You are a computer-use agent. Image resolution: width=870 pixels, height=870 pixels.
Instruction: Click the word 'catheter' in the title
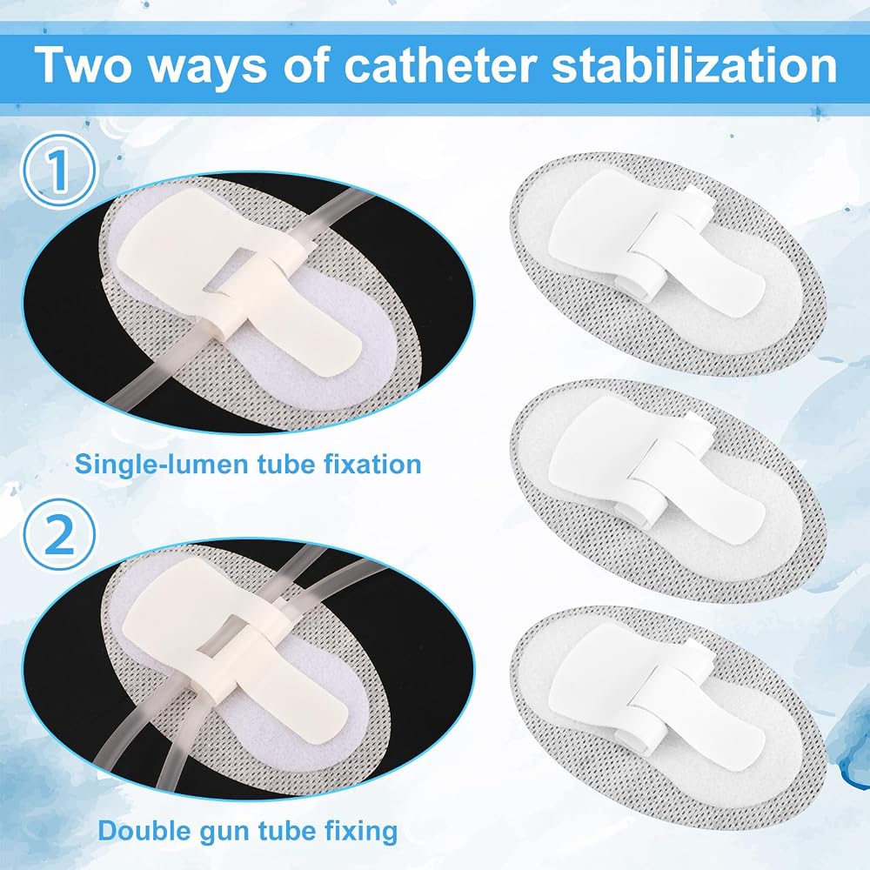point(439,65)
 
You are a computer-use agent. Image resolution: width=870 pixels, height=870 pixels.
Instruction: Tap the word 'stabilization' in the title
point(694,65)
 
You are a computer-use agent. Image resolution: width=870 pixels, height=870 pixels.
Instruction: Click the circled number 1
point(59,171)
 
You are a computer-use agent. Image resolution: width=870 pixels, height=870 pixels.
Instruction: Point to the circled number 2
point(59,535)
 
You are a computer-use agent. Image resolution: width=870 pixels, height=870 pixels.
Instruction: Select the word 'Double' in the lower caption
point(141,831)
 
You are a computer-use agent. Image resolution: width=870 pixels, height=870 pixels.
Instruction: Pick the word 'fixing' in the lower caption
point(361,831)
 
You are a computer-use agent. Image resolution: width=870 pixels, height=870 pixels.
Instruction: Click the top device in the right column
point(668,264)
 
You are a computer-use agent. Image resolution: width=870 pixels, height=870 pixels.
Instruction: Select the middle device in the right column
point(668,492)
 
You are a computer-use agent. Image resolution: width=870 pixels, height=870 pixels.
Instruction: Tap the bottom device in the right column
point(668,719)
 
